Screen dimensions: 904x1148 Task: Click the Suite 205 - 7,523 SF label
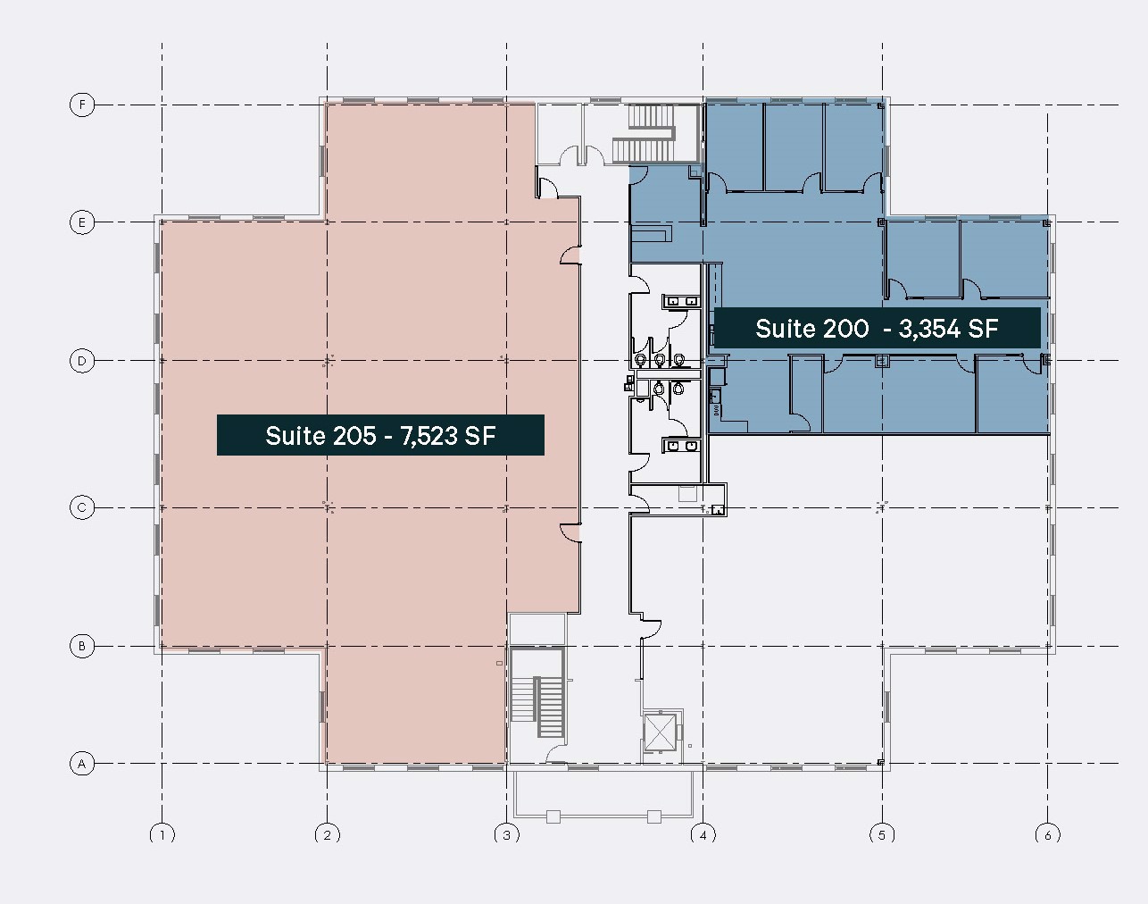[x=380, y=435]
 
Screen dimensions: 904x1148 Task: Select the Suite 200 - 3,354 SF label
[x=877, y=328]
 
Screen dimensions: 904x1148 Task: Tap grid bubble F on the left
[x=82, y=105]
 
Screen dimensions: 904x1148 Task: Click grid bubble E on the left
[x=82, y=222]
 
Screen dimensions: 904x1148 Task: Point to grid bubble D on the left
[x=82, y=361]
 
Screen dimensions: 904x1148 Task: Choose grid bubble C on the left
[x=82, y=507]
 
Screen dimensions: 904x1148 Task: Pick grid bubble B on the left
[x=82, y=646]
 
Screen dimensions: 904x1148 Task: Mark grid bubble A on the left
[x=82, y=764]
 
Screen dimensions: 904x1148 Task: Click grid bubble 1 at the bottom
[x=162, y=835]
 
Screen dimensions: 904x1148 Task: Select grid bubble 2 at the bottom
[x=328, y=835]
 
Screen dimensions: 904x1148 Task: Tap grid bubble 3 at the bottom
[x=507, y=835]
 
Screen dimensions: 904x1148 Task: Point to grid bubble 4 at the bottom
[x=703, y=835]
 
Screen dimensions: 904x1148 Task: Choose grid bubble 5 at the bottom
[x=882, y=835]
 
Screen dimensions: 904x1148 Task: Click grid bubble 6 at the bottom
[x=1047, y=835]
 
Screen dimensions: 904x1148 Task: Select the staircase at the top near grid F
[x=652, y=132]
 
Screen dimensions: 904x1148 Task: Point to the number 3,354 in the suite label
[x=930, y=328]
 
